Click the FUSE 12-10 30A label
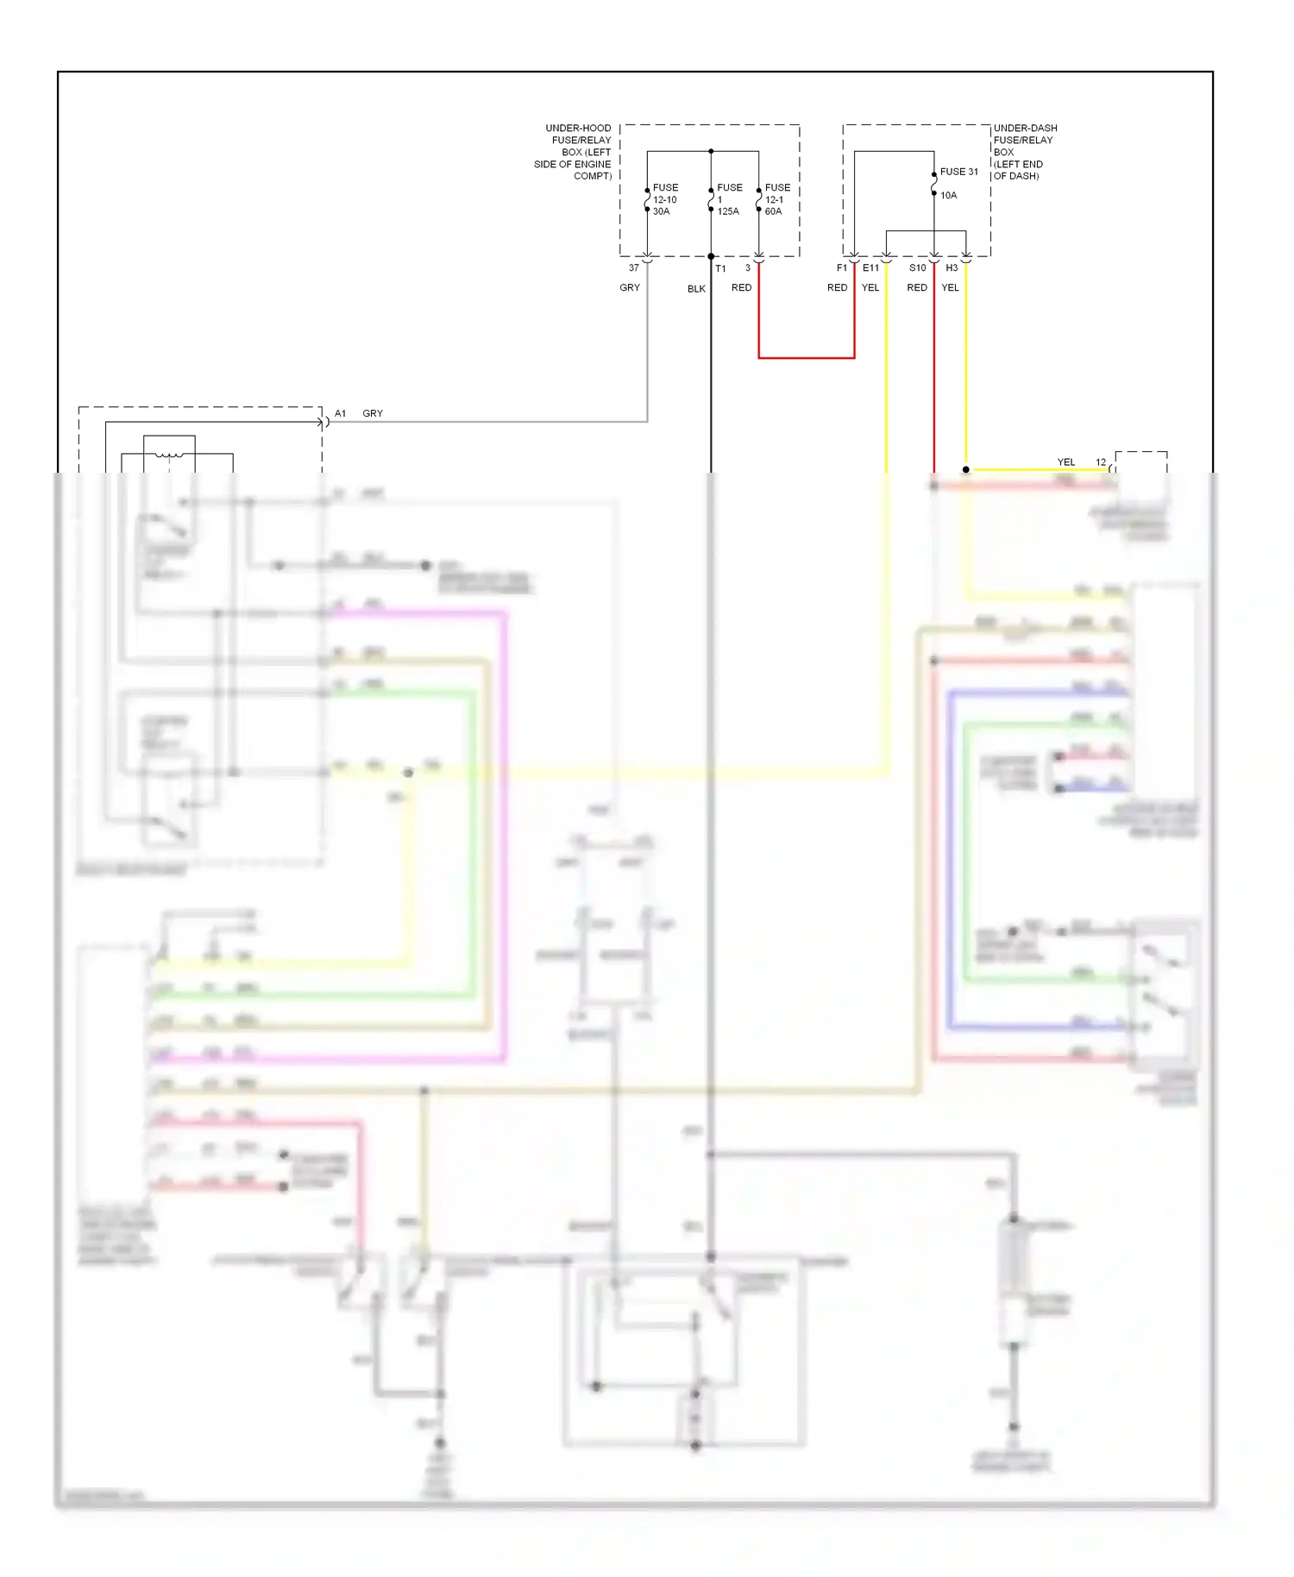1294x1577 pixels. [664, 199]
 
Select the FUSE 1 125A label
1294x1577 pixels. [728, 199]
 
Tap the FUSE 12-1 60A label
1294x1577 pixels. [776, 199]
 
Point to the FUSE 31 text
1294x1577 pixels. [958, 172]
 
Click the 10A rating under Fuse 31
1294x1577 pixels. [948, 195]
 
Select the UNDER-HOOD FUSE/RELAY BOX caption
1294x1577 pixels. [574, 152]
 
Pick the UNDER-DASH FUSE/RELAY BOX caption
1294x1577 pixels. [1024, 152]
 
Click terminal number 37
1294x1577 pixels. [633, 268]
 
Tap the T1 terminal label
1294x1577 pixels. [720, 268]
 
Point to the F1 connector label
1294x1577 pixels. [841, 268]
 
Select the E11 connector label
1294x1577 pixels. [870, 268]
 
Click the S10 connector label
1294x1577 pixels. [917, 268]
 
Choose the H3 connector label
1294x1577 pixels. [952, 268]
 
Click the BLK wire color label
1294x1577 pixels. [696, 289]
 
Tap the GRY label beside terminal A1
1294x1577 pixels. [373, 414]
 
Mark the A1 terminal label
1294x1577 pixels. [340, 414]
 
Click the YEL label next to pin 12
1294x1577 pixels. [1066, 462]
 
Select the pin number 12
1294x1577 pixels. [1100, 462]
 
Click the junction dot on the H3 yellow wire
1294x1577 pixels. [965, 470]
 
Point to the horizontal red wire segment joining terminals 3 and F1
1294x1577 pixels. [806, 357]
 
